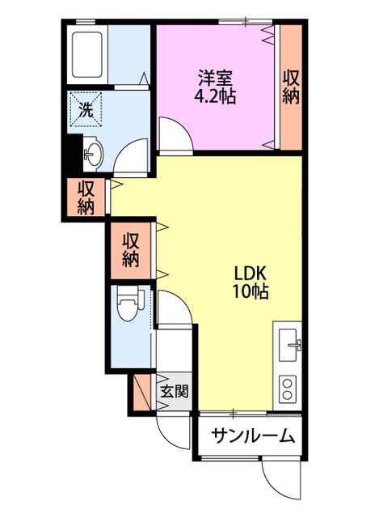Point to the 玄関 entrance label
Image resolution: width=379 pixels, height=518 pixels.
174,393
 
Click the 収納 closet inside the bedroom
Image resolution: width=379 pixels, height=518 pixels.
291,87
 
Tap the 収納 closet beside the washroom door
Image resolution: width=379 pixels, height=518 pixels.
86,197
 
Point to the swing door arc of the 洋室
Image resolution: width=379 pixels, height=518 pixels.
172,134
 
